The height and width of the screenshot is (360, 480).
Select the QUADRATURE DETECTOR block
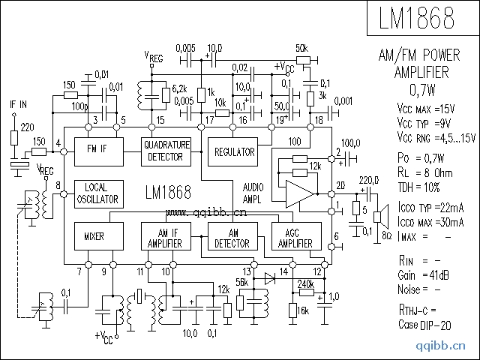point(166,149)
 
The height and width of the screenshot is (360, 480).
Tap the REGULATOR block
point(234,151)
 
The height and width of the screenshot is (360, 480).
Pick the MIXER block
point(93,237)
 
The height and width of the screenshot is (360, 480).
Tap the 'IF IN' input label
point(18,104)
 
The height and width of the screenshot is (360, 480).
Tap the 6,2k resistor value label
point(179,88)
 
